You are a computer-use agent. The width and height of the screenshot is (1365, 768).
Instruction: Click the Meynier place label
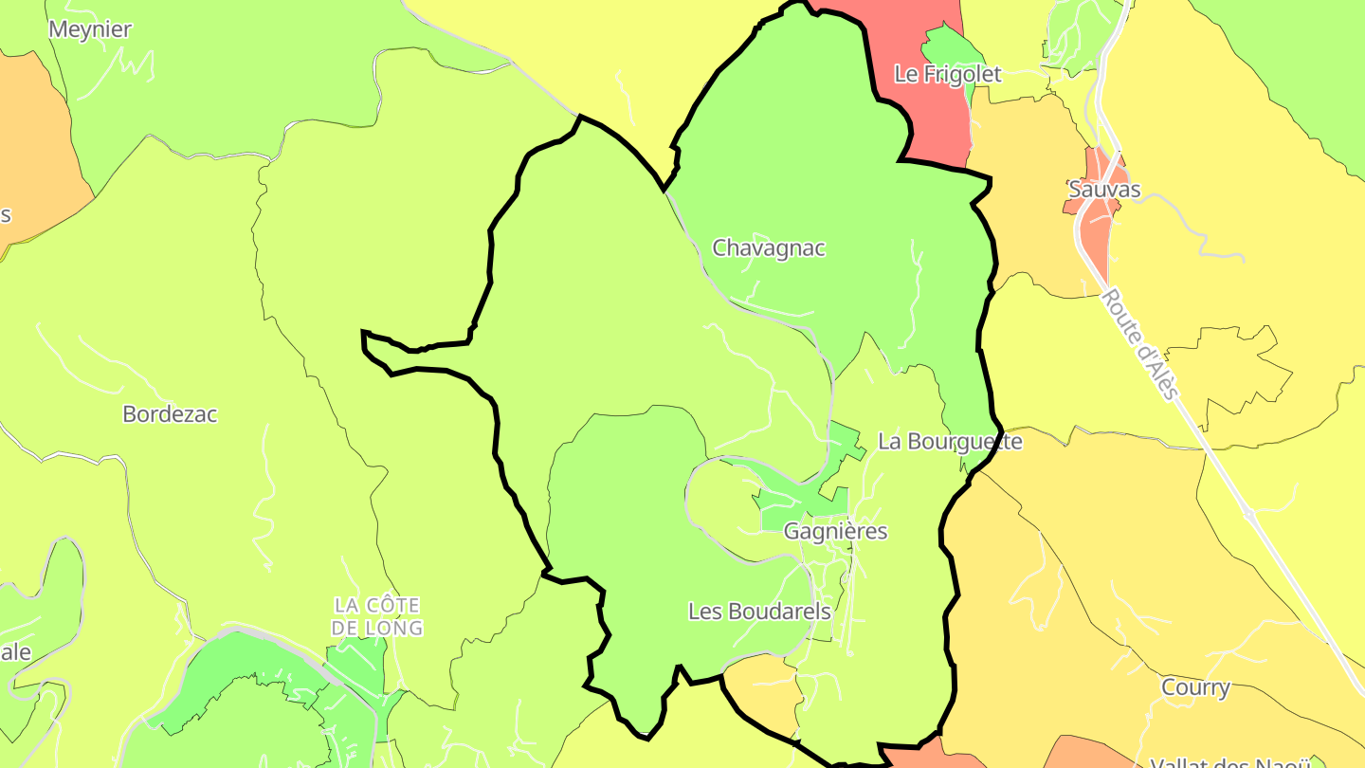[90, 29]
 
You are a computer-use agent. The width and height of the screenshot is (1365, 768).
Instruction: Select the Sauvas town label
[1104, 190]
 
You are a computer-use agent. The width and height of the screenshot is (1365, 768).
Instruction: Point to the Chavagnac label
[769, 248]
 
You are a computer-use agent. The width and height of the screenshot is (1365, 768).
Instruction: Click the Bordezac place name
[170, 414]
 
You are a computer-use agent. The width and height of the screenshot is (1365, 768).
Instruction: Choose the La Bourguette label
[950, 442]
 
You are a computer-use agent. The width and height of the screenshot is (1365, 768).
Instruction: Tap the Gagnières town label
[836, 531]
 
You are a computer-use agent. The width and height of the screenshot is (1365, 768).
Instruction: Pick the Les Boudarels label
[759, 612]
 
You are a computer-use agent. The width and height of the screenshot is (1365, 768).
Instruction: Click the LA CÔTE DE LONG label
[378, 616]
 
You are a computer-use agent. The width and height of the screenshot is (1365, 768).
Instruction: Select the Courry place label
[1195, 687]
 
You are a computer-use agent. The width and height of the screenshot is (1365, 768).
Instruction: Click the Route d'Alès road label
[1140, 345]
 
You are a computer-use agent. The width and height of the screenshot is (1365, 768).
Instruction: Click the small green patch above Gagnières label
[792, 503]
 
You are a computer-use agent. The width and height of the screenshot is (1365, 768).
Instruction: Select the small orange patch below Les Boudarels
[763, 692]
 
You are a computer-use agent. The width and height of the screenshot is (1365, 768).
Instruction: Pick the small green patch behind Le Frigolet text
[948, 47]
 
